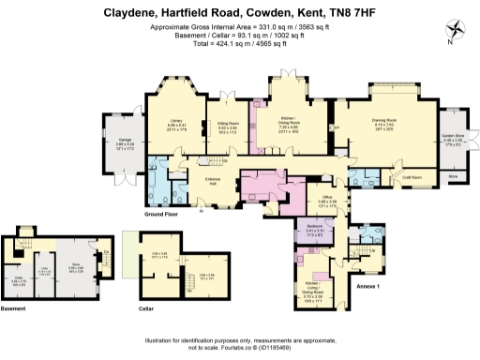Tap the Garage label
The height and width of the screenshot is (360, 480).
click(124, 142)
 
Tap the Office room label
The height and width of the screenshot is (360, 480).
click(328, 198)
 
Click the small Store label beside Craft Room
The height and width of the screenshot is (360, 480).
click(453, 175)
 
